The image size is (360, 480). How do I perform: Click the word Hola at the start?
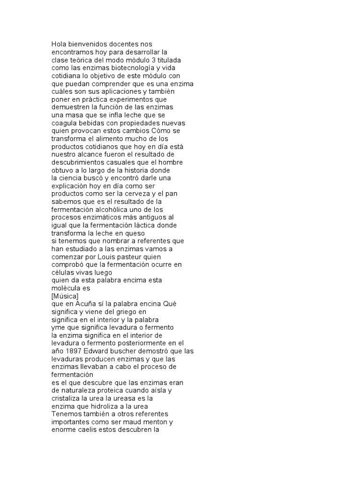(x=59, y=44)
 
